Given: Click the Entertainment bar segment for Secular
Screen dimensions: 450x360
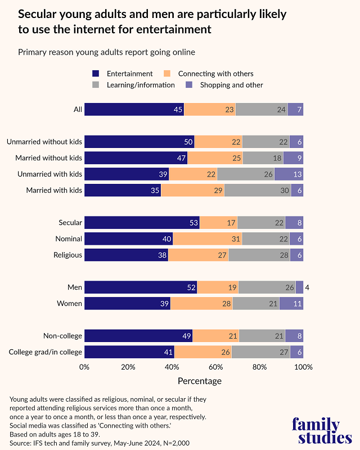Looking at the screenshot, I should click(142, 223).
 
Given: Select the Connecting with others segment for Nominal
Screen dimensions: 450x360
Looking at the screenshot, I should click(207, 238).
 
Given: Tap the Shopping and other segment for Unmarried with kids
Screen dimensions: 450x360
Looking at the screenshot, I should click(289, 174).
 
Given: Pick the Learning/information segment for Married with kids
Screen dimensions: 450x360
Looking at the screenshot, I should click(258, 190).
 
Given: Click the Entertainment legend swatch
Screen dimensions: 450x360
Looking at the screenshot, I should click(96, 74).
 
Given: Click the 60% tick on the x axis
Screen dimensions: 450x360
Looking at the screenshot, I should click(215, 367).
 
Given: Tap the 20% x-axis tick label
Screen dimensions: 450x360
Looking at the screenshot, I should click(128, 367).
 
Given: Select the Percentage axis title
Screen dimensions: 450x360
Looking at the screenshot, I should click(200, 381).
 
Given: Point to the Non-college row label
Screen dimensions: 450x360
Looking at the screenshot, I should click(62, 336).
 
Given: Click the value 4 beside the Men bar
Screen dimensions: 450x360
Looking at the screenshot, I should click(307, 288).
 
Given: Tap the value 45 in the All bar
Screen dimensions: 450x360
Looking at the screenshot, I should click(178, 110).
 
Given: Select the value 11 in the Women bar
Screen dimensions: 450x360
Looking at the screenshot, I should click(298, 304).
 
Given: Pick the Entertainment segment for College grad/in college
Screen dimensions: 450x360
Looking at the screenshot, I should click(129, 352).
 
